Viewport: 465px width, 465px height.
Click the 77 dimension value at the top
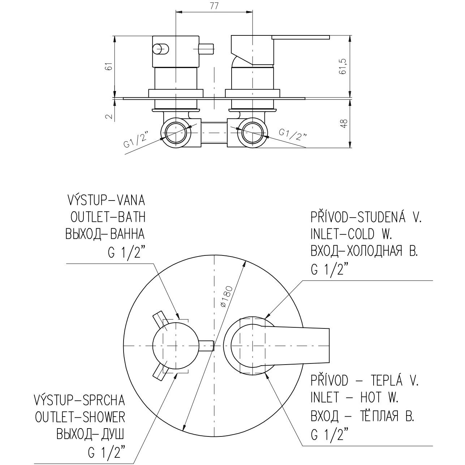point(214,7)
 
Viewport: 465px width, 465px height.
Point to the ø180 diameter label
point(226,297)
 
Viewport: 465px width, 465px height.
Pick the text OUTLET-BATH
point(108,217)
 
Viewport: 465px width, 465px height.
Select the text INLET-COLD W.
point(351,234)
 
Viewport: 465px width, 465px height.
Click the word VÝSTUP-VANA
point(106,200)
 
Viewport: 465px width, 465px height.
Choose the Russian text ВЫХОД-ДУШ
point(90,434)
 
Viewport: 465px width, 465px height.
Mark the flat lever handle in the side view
point(301,37)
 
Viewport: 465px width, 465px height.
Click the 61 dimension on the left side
point(109,66)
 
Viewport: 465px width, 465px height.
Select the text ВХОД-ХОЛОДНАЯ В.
point(364,251)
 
